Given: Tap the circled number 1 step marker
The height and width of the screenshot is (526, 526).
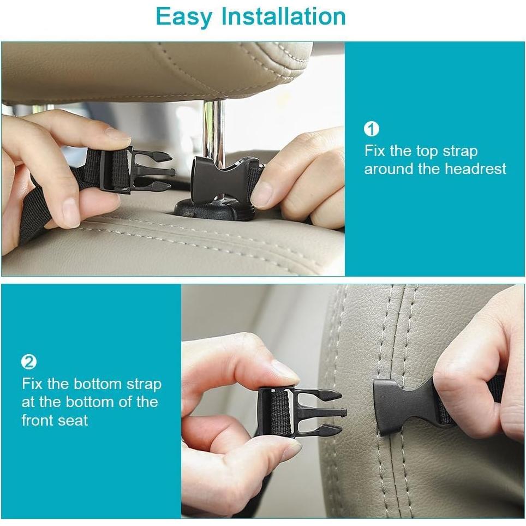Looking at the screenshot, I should (x=371, y=129).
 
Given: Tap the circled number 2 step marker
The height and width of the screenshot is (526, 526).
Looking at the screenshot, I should (x=28, y=362).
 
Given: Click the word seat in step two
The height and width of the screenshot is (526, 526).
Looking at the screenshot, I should (x=75, y=420).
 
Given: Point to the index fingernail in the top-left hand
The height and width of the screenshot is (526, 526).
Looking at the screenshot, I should (x=118, y=133).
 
